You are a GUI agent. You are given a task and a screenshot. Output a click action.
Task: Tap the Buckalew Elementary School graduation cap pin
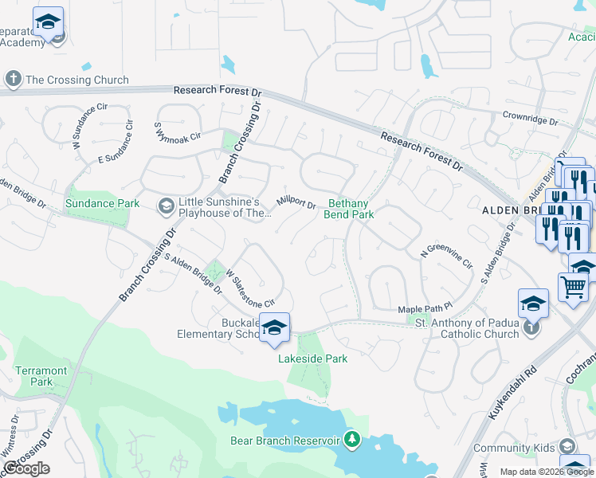tap(274, 327)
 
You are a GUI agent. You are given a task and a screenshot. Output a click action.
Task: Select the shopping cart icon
tap(574, 286)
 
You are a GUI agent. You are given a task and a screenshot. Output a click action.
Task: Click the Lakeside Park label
tap(313, 358)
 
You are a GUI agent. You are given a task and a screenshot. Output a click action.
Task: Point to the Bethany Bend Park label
tap(349, 209)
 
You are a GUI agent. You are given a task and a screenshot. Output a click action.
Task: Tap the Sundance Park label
tap(103, 203)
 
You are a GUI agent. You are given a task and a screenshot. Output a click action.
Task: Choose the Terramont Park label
tap(41, 376)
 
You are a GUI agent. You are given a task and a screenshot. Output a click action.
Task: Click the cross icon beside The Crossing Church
tap(13, 80)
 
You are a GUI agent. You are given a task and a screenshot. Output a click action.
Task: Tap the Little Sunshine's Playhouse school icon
tap(166, 207)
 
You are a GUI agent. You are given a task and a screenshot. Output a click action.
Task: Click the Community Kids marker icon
tap(567, 446)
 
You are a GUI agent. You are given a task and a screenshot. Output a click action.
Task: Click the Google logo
tap(26, 468)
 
